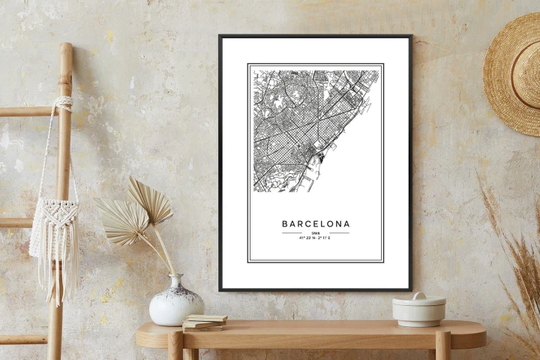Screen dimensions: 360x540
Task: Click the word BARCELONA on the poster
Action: pyautogui.click(x=315, y=223)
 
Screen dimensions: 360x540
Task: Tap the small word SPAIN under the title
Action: pyautogui.click(x=315, y=233)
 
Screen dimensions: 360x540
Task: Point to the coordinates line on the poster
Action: pyautogui.click(x=315, y=238)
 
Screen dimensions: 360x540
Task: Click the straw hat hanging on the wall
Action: pyautogui.click(x=514, y=75)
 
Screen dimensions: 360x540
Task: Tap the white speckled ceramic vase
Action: pyautogui.click(x=175, y=304)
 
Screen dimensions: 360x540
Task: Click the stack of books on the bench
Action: pyautogui.click(x=204, y=322)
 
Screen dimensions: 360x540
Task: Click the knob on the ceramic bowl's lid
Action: pyautogui.click(x=418, y=295)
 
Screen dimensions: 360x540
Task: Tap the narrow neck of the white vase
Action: pyautogui.click(x=175, y=281)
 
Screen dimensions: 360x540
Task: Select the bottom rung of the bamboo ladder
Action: pyautogui.click(x=22, y=339)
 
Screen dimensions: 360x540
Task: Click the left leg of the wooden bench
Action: pyautogui.click(x=175, y=346)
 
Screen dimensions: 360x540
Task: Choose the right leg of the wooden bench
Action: pyautogui.click(x=442, y=346)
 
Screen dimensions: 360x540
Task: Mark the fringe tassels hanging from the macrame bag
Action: pyautogui.click(x=54, y=277)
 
